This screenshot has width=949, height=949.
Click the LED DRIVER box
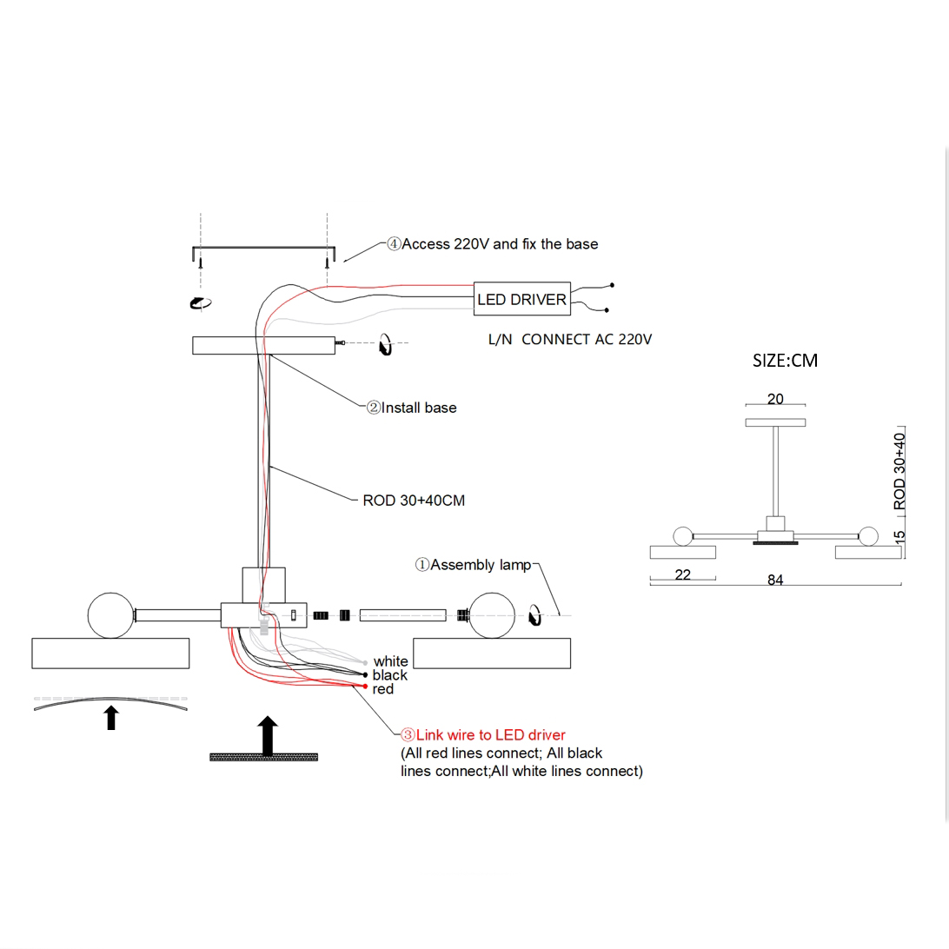coord(521,300)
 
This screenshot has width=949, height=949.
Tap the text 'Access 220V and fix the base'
coord(499,244)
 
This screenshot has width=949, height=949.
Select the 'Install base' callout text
coord(418,408)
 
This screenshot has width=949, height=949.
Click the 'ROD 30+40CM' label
coord(414,501)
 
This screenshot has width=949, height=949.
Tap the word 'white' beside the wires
coord(390,661)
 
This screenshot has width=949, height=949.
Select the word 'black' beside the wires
coord(389,675)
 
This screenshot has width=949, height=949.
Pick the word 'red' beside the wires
coord(382,689)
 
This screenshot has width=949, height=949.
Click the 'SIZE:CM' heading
coord(785,360)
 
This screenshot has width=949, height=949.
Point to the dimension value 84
coord(775,581)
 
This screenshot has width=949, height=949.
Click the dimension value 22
coord(682,574)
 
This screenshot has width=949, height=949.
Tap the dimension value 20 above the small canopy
coord(775,399)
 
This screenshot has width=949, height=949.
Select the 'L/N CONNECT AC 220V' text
coord(570,340)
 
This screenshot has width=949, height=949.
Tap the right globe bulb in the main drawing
coord(492,614)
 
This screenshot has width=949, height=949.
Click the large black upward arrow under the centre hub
coord(268,735)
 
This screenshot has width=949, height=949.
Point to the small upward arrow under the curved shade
coord(110,718)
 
